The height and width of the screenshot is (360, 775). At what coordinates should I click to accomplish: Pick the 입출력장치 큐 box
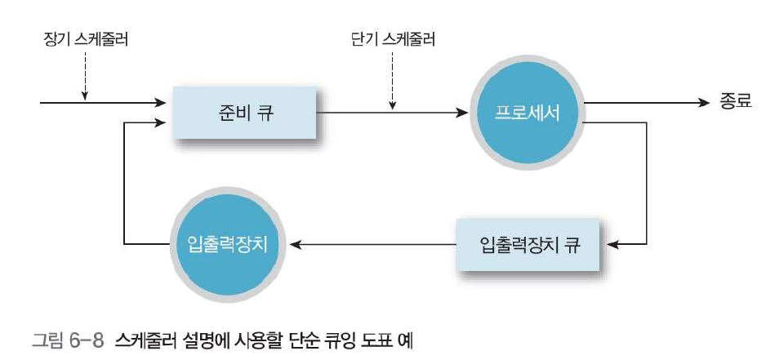[x=528, y=243]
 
